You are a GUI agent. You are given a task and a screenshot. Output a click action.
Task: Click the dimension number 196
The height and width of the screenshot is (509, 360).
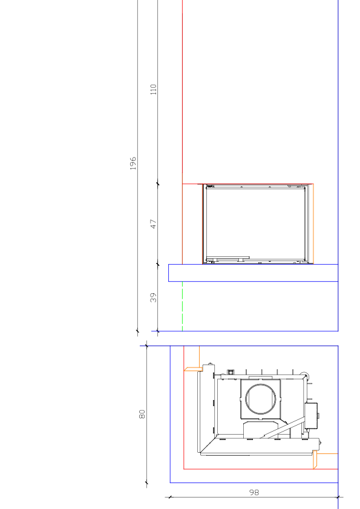coord(133,163)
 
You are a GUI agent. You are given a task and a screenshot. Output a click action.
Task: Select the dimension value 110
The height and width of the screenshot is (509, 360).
coord(153,89)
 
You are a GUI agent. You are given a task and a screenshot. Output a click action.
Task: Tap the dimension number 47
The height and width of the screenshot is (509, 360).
coord(153,224)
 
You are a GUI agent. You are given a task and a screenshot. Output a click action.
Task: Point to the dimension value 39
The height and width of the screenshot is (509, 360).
coord(153,297)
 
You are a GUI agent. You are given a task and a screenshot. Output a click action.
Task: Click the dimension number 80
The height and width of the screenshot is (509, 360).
coord(142,414)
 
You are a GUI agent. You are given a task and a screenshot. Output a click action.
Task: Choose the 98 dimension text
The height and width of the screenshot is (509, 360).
coord(254,493)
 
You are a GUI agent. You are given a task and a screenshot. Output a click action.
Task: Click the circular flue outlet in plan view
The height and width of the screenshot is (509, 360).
coord(261,398)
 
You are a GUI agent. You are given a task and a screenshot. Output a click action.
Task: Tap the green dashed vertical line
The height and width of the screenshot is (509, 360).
coord(182,306)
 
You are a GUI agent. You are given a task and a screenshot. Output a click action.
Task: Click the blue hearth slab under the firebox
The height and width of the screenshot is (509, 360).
coord(253,273)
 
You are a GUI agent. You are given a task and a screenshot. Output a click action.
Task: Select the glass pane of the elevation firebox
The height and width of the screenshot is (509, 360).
coord(255,223)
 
